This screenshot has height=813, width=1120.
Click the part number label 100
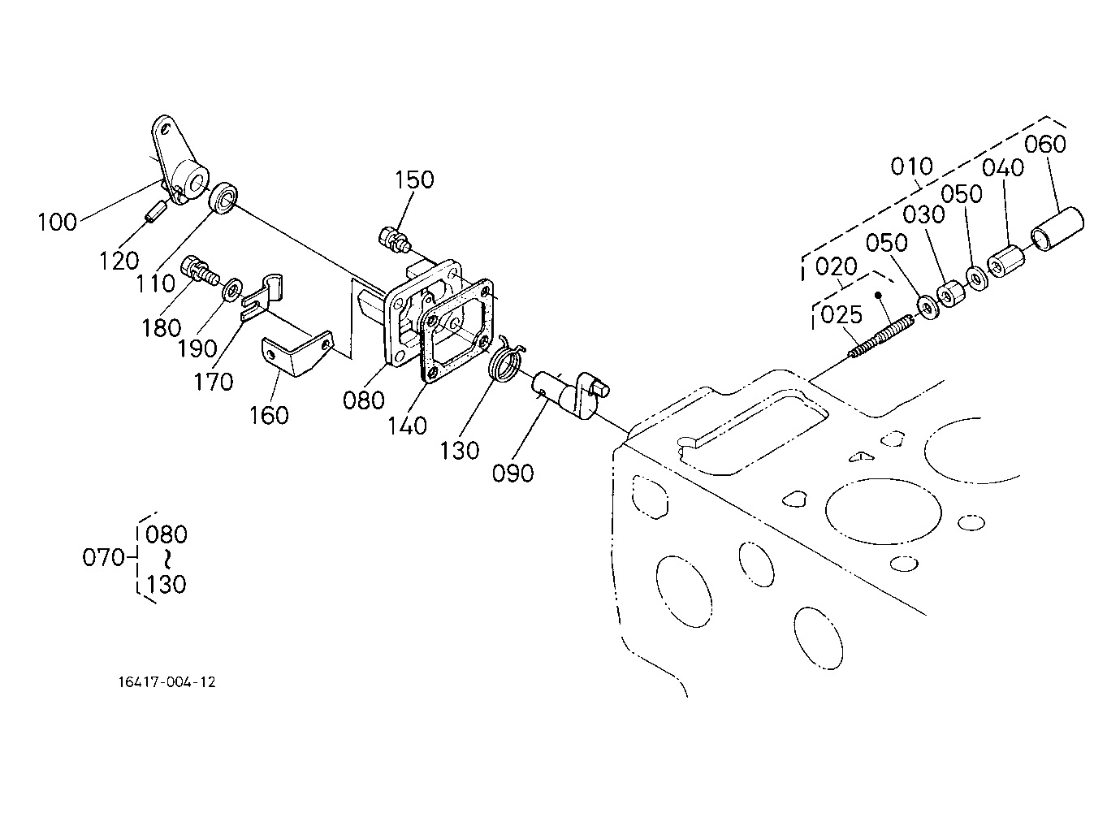click(x=58, y=222)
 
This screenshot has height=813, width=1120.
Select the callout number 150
click(x=414, y=179)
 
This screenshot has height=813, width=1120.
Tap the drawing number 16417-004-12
click(x=167, y=682)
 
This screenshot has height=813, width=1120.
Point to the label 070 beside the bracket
click(x=103, y=557)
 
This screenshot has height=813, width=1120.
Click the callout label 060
click(x=1045, y=144)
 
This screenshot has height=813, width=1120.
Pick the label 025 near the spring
click(x=841, y=314)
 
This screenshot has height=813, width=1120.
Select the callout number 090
click(x=513, y=473)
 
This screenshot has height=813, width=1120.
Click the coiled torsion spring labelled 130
click(x=507, y=358)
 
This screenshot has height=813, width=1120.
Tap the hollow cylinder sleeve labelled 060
click(x=1057, y=228)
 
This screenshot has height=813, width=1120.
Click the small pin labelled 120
click(x=155, y=211)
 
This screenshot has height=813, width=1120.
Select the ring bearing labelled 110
click(x=223, y=198)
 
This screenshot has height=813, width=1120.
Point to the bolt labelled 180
click(x=201, y=270)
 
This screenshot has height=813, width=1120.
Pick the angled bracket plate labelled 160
click(x=297, y=354)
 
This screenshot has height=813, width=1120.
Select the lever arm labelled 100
click(x=178, y=160)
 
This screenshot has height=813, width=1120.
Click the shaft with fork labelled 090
click(x=570, y=394)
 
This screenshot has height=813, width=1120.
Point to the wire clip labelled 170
click(x=263, y=297)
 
